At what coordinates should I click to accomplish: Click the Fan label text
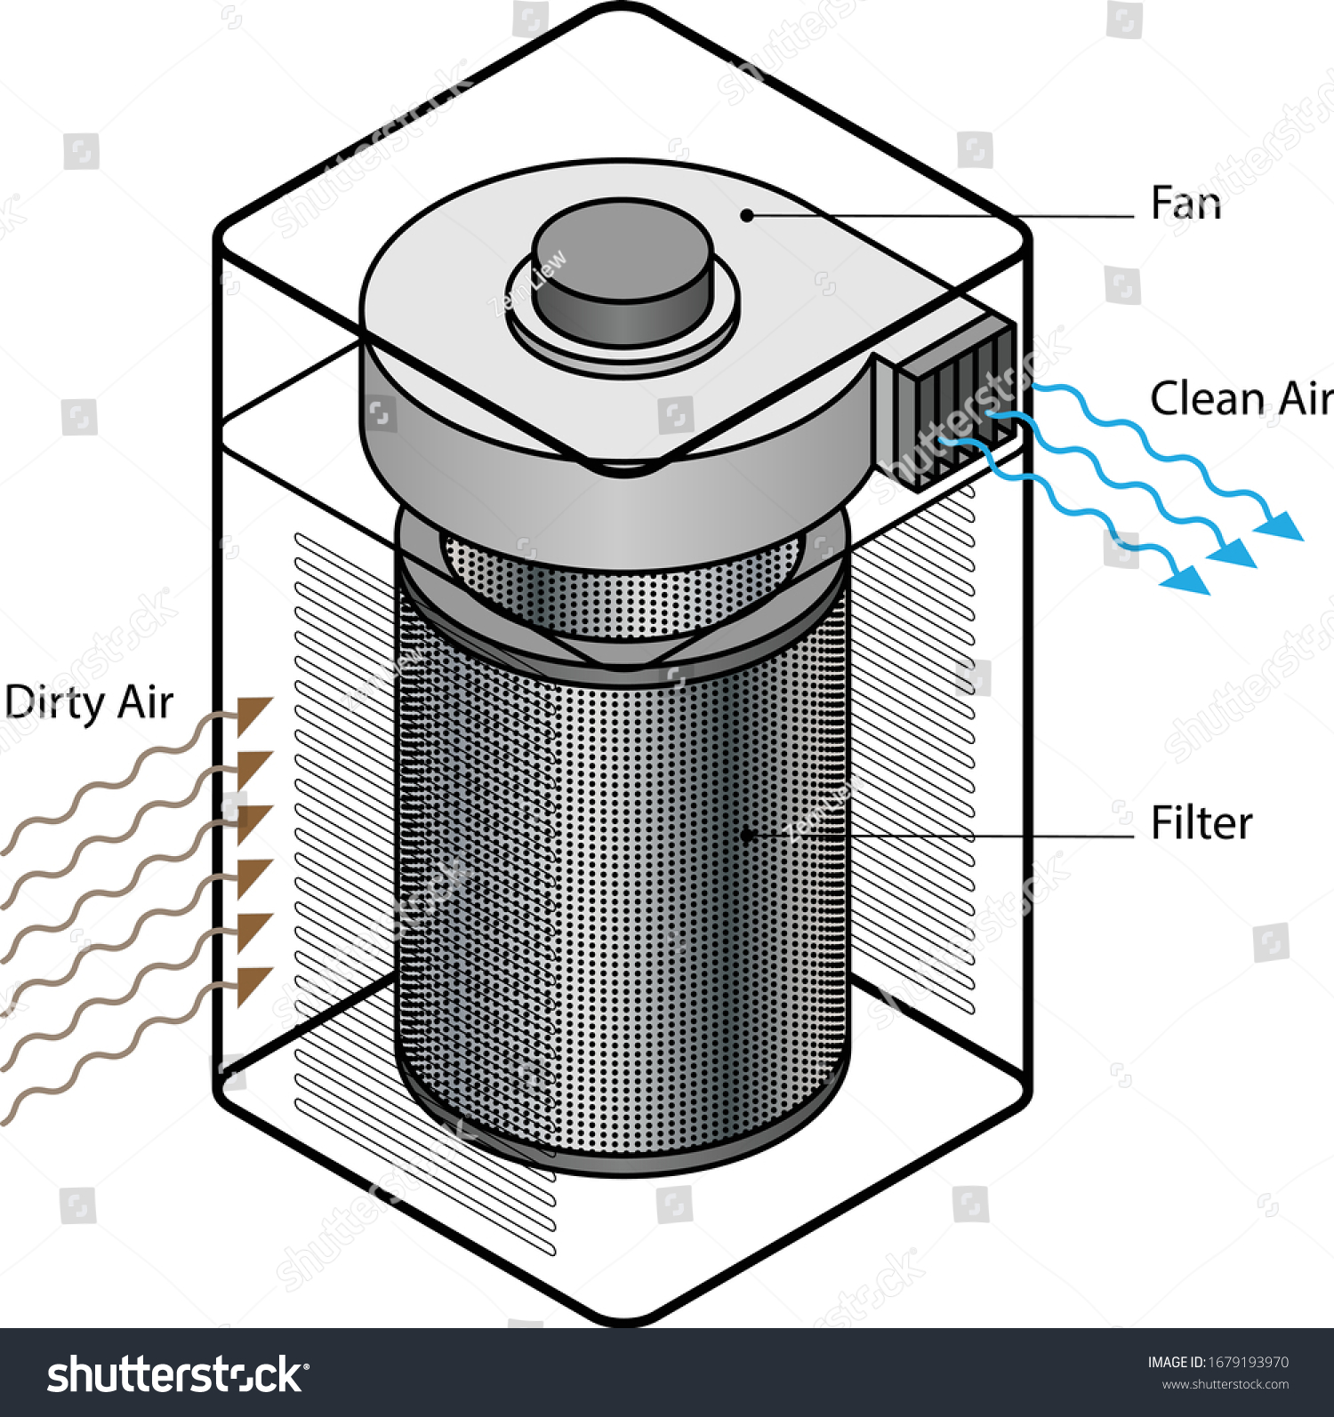coord(1185,204)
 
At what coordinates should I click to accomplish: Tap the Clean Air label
coord(1241,398)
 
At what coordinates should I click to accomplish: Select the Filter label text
coord(1201,823)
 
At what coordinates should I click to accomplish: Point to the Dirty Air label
coord(89,703)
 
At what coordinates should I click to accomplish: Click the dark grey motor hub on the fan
coord(623,271)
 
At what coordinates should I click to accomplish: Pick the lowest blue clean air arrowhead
coord(1187,579)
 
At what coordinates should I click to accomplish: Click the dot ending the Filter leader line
coord(747,835)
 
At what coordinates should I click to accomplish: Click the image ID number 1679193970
coord(1248,1362)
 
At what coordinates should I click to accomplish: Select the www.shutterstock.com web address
coord(1225,1384)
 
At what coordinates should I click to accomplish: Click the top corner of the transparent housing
coord(623,9)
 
